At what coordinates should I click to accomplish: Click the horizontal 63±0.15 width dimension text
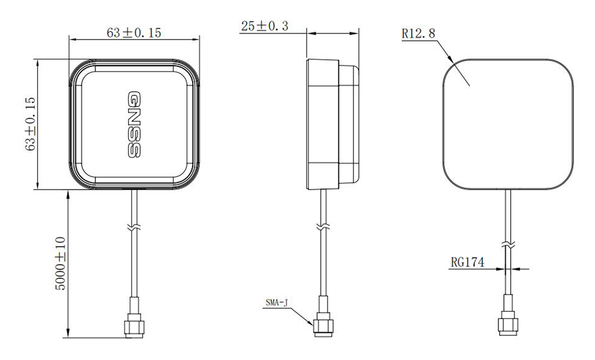134,33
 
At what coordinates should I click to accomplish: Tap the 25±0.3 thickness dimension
265,26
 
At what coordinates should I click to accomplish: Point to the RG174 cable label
467,262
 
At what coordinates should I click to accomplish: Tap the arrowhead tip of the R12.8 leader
454,61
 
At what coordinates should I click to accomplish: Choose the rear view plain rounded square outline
507,124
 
